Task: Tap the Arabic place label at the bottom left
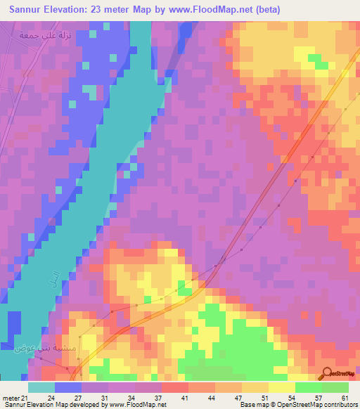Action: pos(29,346)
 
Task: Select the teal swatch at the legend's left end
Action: pos(41,387)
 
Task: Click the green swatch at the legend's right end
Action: pos(335,387)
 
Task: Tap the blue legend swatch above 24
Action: pos(68,387)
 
